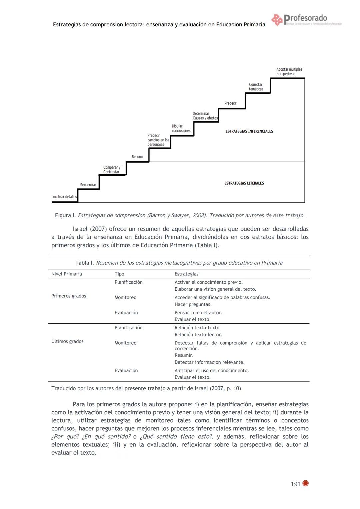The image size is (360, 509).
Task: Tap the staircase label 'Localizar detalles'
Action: coord(64,197)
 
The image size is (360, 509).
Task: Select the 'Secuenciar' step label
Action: coord(88,185)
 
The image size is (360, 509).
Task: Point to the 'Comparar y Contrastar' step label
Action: coord(112,170)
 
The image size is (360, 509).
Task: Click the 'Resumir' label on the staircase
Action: coord(138,157)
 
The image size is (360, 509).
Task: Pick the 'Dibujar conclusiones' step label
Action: coord(181,128)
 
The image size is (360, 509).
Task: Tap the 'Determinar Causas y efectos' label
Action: coord(205,116)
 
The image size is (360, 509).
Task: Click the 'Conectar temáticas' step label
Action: coord(256,87)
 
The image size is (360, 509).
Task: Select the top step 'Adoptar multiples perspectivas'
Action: coord(289,72)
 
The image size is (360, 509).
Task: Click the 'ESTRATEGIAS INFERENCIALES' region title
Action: coord(249,131)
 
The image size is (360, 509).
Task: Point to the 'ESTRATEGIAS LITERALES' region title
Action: coord(244,183)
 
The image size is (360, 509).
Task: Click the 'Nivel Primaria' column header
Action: coord(67,274)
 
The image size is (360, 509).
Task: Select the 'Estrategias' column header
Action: coord(186,274)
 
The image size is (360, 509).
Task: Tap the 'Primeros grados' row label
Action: coord(69,296)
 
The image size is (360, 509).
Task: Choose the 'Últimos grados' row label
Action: coord(67,341)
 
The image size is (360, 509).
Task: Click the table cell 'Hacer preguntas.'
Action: coord(193,304)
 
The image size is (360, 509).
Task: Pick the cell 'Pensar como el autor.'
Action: coord(198,313)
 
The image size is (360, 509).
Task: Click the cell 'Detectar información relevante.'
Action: coord(209,362)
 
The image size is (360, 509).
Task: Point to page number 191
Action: coord(296,484)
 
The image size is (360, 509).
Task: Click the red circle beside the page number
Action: coord(305,483)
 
